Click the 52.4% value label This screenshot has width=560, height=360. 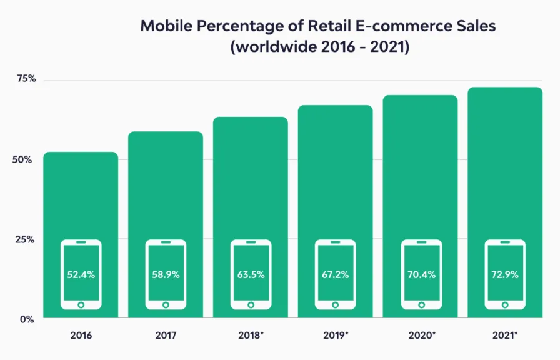81,274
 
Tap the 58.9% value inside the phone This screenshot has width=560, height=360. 166,274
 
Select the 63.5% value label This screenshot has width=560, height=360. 251,274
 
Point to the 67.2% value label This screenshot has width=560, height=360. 336,274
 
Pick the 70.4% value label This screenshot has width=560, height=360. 421,274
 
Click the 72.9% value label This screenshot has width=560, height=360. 505,274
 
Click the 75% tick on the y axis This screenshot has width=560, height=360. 26,79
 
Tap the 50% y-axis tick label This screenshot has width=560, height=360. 22,159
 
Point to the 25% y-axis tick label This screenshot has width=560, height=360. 24,239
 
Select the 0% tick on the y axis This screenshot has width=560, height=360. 27,319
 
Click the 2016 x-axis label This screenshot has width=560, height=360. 81,336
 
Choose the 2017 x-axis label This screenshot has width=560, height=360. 166,336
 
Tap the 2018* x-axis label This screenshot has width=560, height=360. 251,336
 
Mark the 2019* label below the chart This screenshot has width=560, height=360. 336,336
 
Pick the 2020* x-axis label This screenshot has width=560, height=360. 422,336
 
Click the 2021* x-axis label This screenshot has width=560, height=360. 505,336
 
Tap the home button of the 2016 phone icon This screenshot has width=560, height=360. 81,305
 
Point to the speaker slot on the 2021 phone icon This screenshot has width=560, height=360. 505,242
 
